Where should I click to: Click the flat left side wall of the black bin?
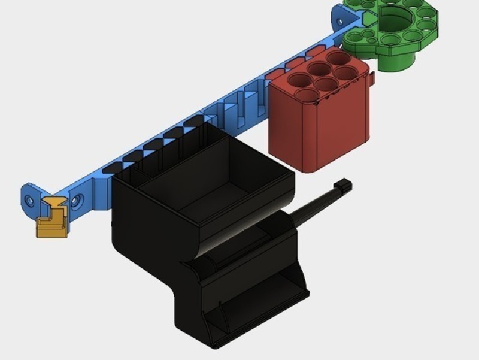[x=144, y=240]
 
